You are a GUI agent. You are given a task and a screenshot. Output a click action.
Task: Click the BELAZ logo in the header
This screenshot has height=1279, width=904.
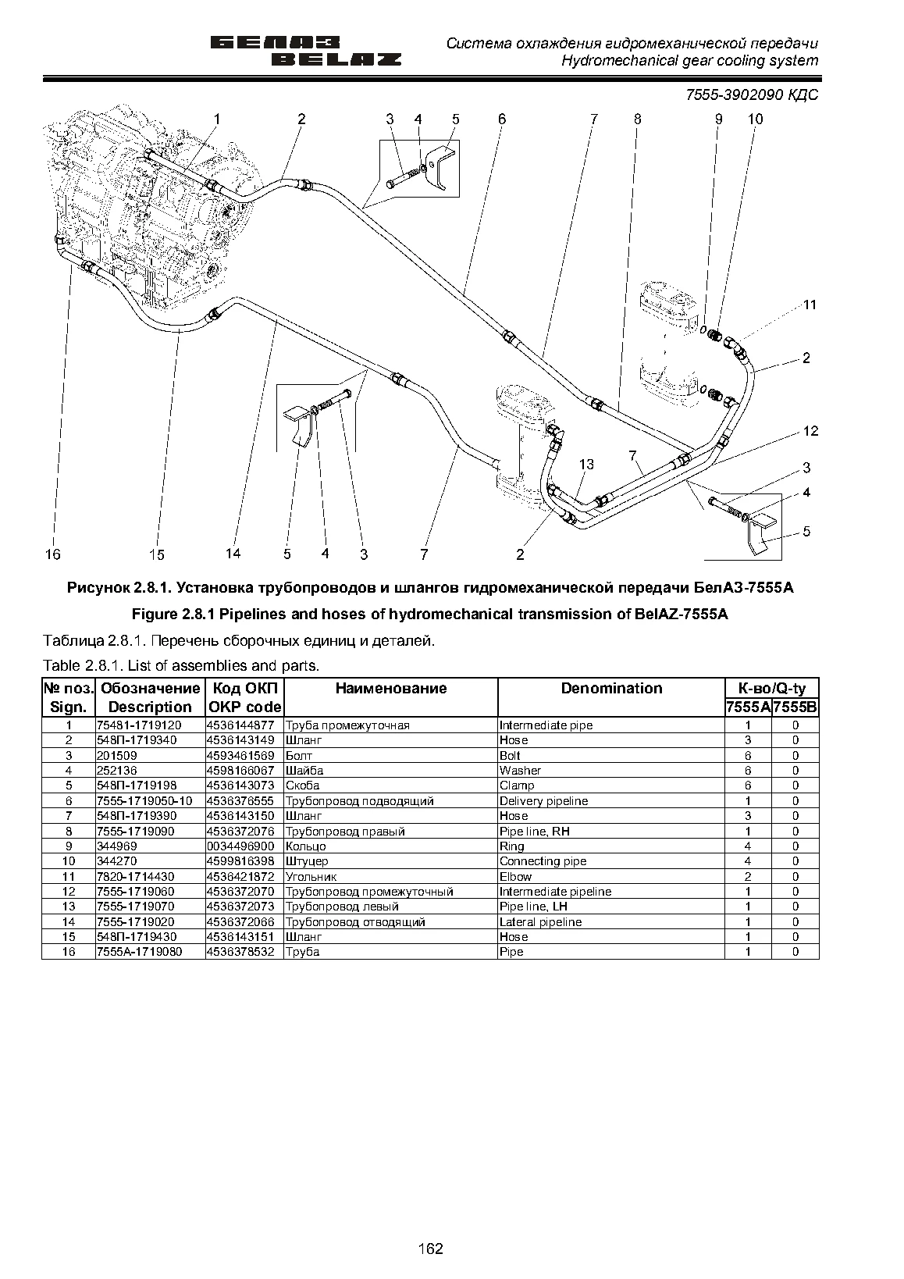305,52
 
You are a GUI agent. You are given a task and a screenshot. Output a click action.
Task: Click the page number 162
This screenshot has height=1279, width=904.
430,1249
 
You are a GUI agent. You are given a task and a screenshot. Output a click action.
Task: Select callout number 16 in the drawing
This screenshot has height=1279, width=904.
52,554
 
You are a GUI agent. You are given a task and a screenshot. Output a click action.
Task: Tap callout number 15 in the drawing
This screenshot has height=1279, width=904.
156,554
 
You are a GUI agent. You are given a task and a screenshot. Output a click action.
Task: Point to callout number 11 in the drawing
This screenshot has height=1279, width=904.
810,305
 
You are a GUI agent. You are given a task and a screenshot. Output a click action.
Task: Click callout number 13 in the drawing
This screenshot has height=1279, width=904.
587,465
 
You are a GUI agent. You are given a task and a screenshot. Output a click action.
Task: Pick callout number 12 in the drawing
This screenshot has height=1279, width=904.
810,431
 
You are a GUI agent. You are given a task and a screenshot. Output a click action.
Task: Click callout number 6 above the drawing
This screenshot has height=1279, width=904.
502,119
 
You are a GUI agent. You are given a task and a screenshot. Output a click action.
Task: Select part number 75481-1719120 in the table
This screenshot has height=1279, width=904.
139,725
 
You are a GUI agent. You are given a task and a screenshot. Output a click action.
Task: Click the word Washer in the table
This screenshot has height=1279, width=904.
520,770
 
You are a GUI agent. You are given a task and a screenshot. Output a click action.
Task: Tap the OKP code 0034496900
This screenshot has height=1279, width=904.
240,846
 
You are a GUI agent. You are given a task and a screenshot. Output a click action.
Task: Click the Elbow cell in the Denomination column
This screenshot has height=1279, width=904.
515,876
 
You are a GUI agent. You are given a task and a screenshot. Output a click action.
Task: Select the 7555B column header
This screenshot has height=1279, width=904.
795,708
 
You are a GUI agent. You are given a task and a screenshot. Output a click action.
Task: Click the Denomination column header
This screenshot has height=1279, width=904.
611,688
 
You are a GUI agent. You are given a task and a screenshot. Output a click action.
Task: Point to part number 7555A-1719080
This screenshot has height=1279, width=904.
139,952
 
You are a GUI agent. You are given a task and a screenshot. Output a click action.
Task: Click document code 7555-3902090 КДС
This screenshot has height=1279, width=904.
752,94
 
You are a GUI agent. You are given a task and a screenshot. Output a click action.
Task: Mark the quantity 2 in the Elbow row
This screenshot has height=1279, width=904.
748,876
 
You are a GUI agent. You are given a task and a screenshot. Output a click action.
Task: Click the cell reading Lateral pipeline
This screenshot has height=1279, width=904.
540,922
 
